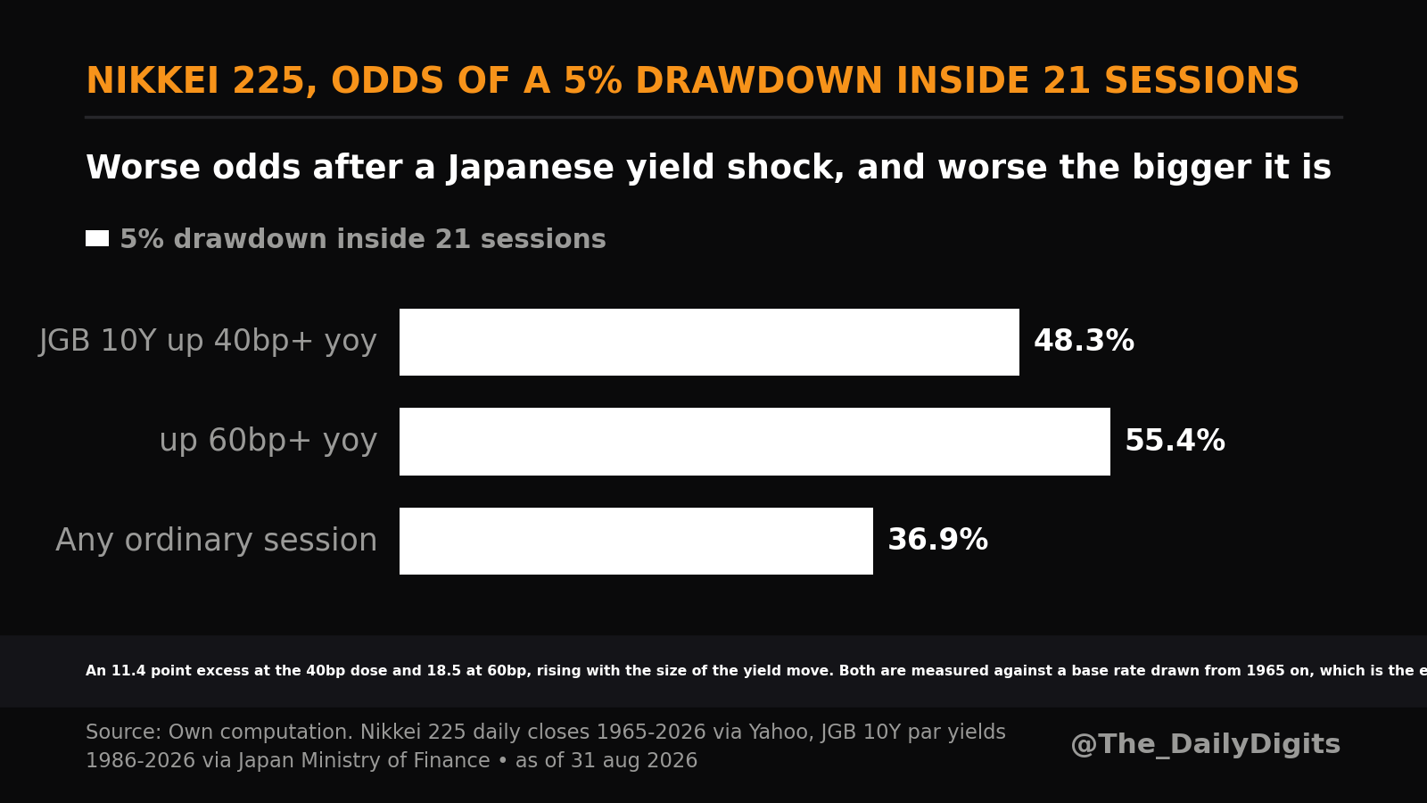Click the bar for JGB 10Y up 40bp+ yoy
click(709, 343)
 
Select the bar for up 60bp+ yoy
click(755, 442)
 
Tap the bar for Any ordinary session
click(637, 541)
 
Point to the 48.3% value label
click(1084, 341)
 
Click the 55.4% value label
click(1175, 441)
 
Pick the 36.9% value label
click(937, 540)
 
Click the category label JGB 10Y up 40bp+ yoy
click(208, 341)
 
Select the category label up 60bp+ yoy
click(268, 441)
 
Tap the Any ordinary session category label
click(217, 541)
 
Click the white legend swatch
click(97, 238)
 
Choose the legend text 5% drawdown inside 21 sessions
click(363, 239)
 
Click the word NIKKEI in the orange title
click(153, 81)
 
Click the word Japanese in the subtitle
click(531, 169)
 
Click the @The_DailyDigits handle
click(1205, 744)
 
